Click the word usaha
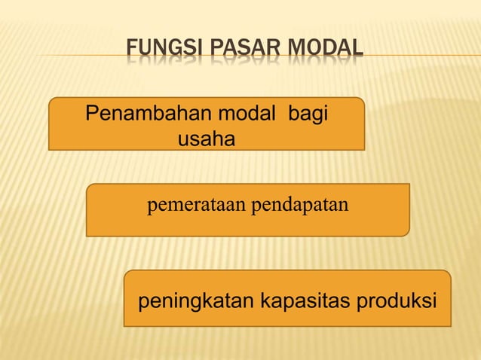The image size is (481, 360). click(206, 139)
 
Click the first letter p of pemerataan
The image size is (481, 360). click(152, 206)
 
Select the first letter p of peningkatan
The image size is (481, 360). click(142, 304)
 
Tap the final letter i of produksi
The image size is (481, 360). click(435, 302)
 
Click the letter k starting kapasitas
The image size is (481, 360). click(264, 302)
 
